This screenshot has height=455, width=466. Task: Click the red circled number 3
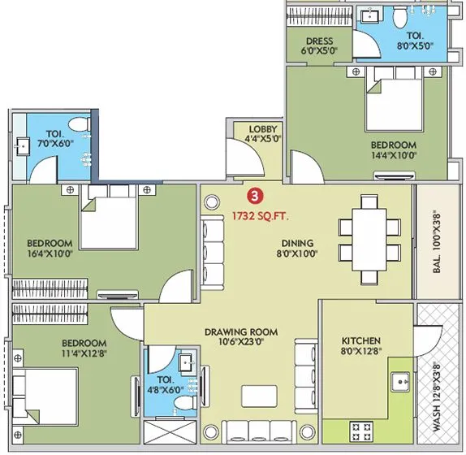255,197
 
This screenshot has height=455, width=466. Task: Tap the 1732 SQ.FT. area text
260,216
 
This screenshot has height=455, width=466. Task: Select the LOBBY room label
263,129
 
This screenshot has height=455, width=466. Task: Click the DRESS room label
320,41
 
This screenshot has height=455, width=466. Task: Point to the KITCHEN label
361,340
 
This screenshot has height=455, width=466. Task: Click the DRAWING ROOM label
241,331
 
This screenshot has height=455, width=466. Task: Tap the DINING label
297,243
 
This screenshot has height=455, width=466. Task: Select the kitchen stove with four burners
361,431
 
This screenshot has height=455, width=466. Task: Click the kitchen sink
400,382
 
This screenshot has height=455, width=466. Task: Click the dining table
369,240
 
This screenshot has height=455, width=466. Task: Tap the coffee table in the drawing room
260,396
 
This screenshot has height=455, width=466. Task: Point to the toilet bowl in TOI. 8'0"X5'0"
400,16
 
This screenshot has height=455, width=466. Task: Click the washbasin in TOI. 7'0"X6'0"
23,146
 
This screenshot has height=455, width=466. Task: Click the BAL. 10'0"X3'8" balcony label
437,241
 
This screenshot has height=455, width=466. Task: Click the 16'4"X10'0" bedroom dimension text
50,254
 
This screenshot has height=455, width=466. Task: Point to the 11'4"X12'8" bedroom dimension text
84,353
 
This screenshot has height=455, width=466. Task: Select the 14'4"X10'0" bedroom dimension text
394,155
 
